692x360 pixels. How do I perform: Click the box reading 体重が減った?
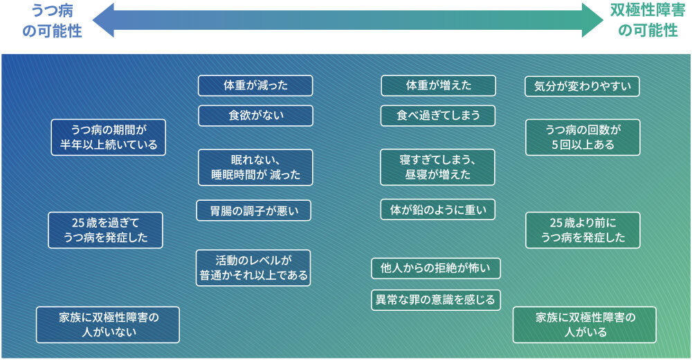(x=255, y=86)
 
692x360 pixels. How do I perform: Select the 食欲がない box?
(x=255, y=116)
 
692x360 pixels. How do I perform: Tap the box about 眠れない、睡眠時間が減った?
(x=255, y=167)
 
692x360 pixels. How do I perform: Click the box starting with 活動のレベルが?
(x=253, y=268)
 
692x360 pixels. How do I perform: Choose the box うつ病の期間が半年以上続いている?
(x=109, y=137)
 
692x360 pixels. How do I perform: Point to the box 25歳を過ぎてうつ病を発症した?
(x=105, y=230)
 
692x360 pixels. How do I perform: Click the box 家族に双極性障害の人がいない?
(x=108, y=325)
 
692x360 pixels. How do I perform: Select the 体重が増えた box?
(x=438, y=86)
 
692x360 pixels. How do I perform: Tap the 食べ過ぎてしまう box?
(x=438, y=116)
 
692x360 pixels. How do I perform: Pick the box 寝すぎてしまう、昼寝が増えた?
(x=438, y=167)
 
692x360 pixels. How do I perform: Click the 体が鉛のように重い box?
(x=438, y=210)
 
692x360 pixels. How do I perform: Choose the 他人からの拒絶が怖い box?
(x=436, y=268)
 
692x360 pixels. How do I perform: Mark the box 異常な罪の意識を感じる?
(x=436, y=300)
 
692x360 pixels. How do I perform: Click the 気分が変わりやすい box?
(x=582, y=87)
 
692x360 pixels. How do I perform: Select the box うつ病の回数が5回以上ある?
(x=583, y=137)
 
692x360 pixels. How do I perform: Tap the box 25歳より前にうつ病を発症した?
(x=583, y=230)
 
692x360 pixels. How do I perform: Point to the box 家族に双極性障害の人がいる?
(x=585, y=325)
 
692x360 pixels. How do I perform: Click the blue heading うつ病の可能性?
(x=52, y=21)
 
